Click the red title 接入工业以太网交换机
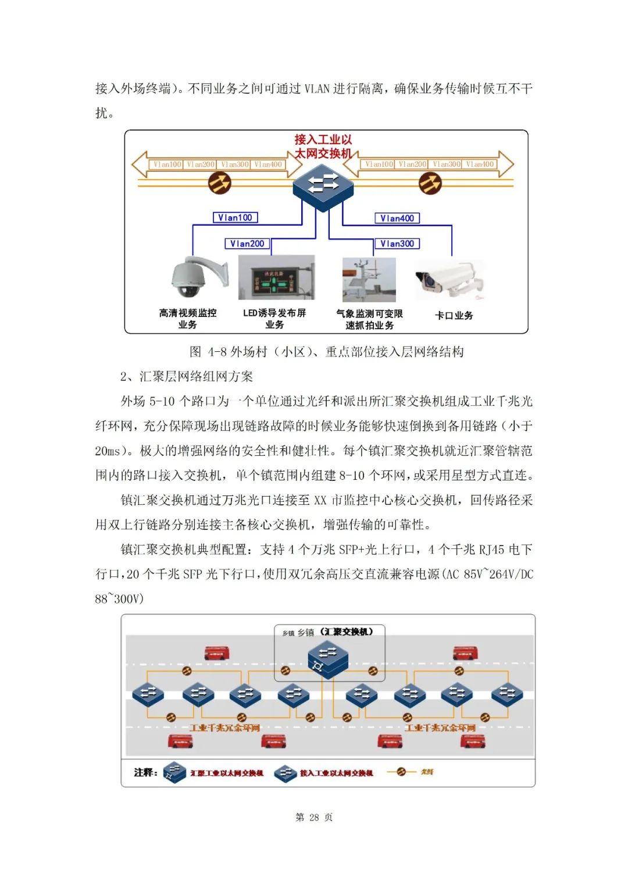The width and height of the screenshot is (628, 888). pos(323,147)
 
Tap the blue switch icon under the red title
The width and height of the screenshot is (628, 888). pos(323,186)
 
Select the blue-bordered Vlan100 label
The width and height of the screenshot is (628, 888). pos(235,217)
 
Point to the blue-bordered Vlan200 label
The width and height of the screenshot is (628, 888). pos(247,244)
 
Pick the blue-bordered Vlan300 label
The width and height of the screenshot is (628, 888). pos(397,244)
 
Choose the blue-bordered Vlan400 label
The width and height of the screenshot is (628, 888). pos(397,218)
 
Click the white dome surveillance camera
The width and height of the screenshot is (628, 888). pos(195,278)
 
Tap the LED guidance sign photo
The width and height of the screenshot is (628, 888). pos(276,278)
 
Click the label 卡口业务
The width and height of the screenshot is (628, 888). pos(454,315)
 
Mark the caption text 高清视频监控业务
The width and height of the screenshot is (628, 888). pos(188,319)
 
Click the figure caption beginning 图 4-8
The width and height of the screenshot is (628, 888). pos(326,352)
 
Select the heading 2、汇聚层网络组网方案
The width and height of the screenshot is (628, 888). pos(187,376)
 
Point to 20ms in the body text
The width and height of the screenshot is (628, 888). pos(108,451)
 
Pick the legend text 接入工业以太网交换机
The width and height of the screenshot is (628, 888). pos(336,773)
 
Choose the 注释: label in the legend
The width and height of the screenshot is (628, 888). pos(145,772)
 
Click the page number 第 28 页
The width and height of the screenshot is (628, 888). pos(314,817)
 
